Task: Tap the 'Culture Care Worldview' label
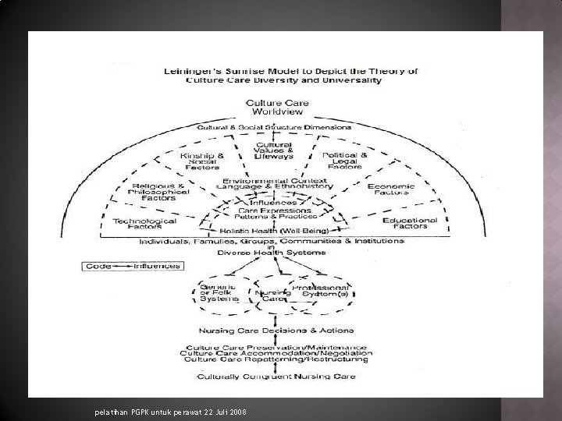(x=277, y=107)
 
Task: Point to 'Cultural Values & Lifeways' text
(x=274, y=150)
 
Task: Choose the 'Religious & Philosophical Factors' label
(x=158, y=192)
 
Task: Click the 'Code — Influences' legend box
(x=133, y=266)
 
